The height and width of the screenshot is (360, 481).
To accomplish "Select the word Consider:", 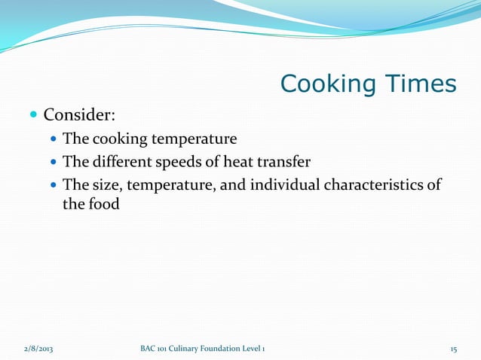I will click(78, 115).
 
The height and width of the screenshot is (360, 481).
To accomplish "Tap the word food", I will click(104, 203).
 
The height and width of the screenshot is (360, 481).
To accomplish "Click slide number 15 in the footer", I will click(453, 349).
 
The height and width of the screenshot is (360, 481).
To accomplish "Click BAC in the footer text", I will click(149, 349).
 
